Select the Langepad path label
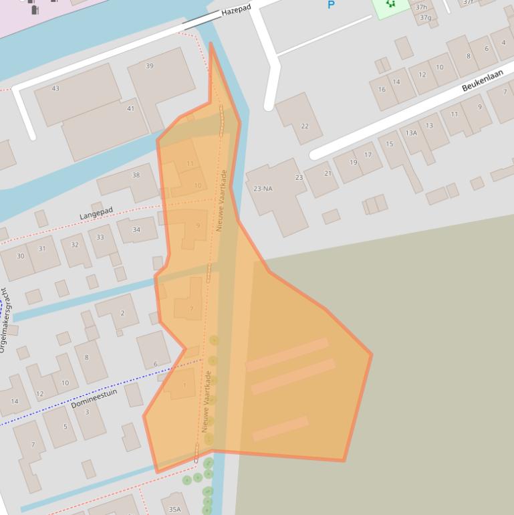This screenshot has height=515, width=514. [96, 213]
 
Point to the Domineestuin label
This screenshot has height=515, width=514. [94, 399]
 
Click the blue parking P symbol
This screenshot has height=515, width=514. [330, 5]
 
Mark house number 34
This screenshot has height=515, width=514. [136, 229]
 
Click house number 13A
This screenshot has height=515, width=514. [411, 133]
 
